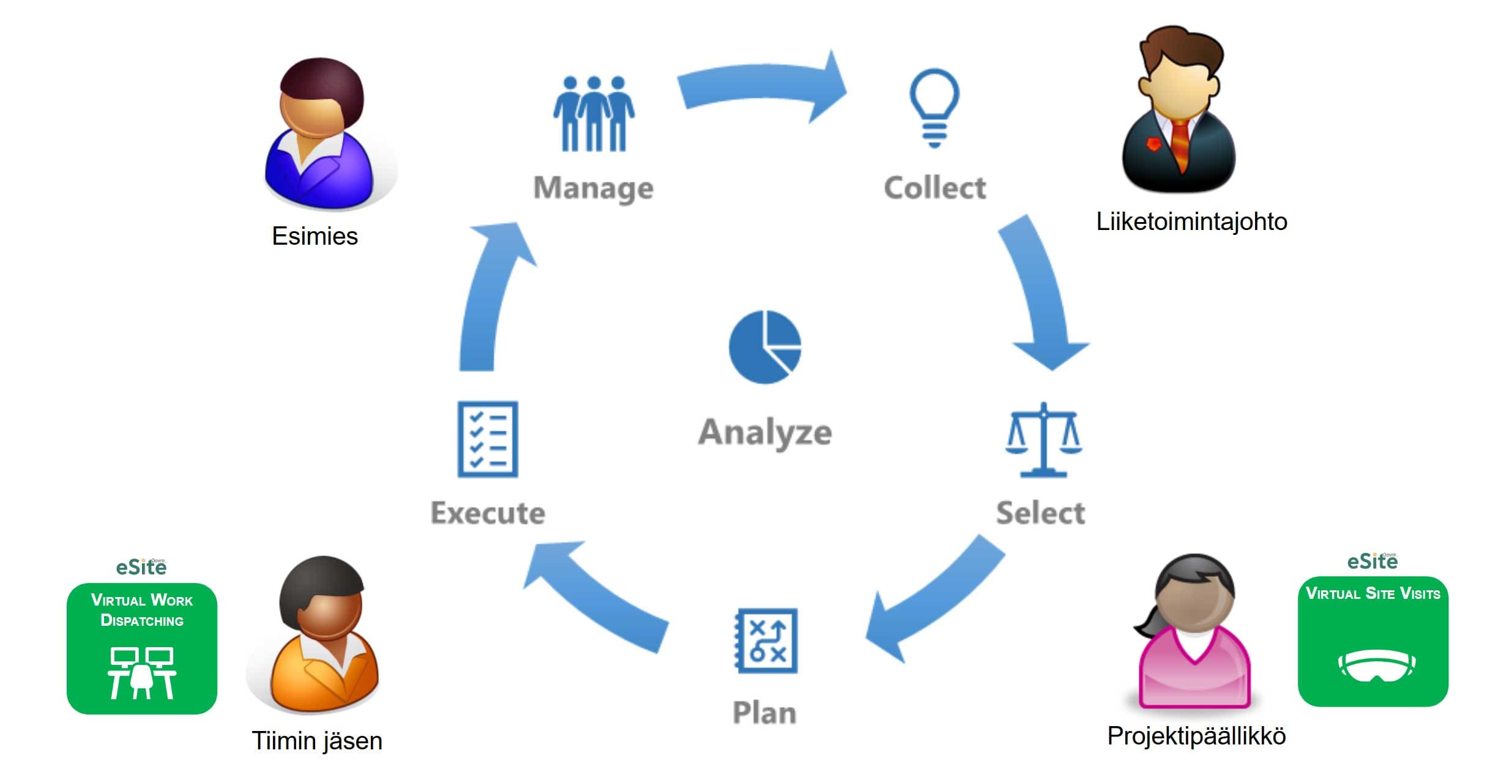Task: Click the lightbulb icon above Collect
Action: pos(934,108)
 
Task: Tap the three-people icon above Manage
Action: pos(594,114)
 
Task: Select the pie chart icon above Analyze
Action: pos(765,347)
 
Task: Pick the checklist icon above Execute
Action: pos(488,439)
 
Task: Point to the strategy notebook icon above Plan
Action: pos(766,640)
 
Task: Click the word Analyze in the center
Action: pos(765,432)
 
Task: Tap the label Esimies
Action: pos(315,236)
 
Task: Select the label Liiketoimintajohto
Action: pos(1191,221)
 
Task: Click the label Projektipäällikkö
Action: pos(1196,736)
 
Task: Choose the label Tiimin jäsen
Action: pos(317,741)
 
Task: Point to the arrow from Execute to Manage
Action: pos(490,294)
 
